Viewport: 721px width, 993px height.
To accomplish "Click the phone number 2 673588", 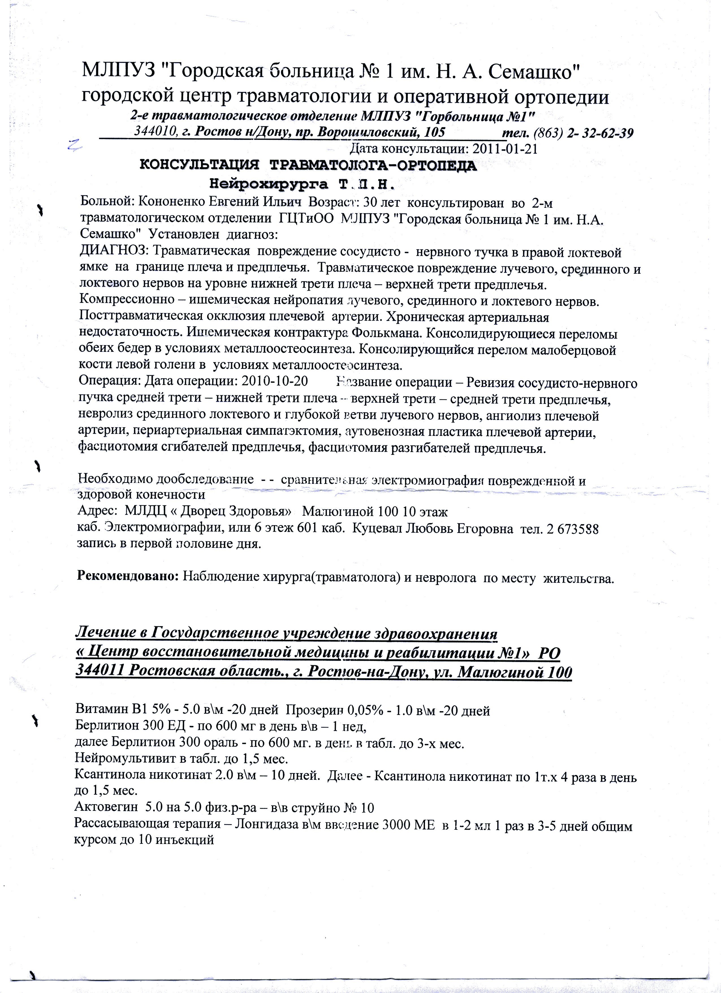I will click(571, 529).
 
